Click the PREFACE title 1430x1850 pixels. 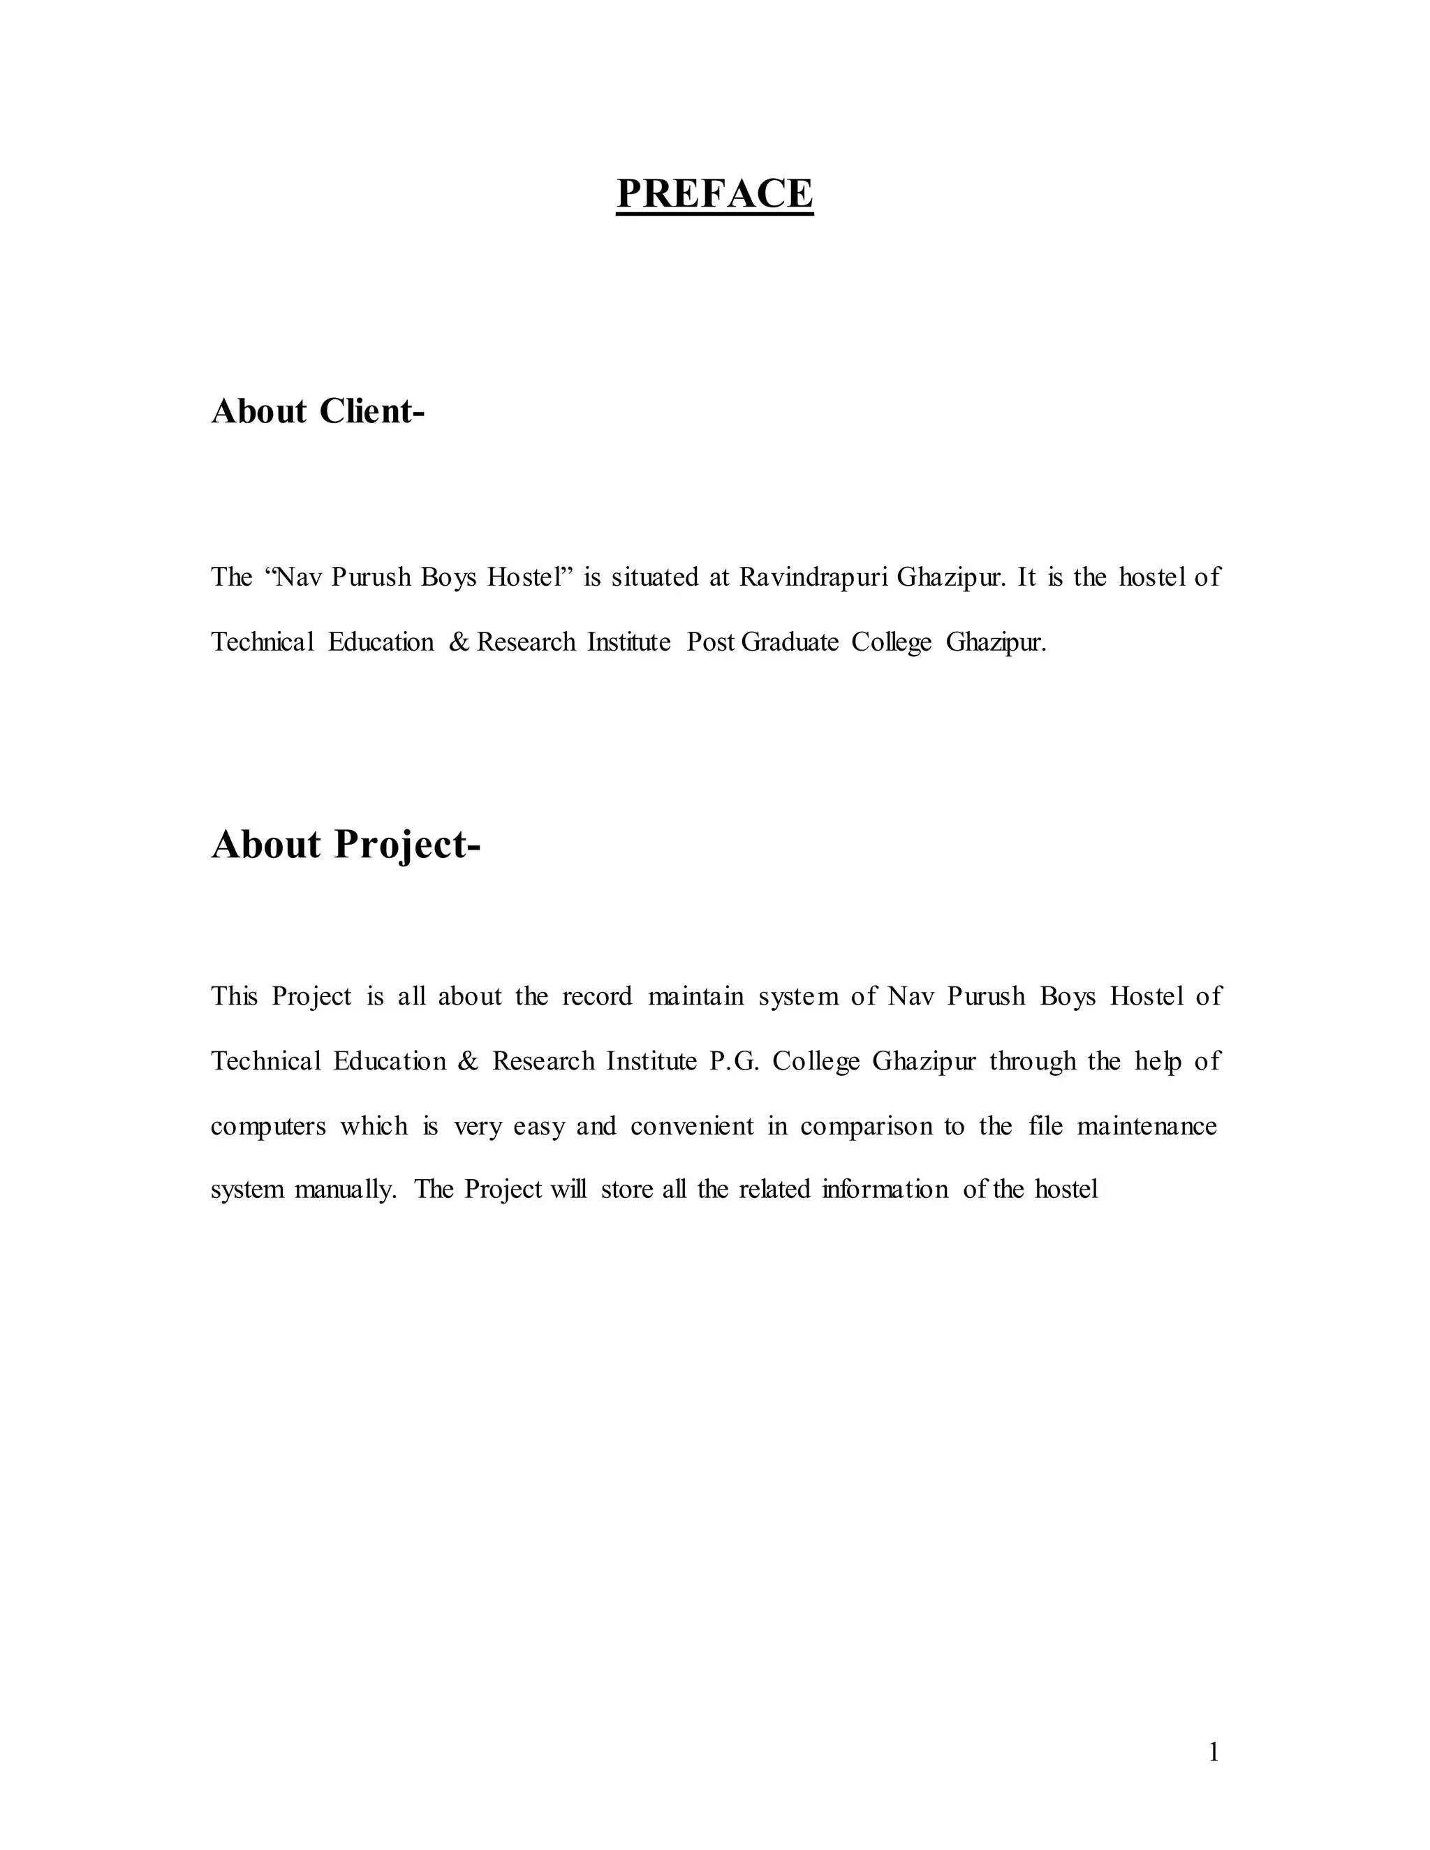point(714,193)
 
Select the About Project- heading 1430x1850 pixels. point(346,845)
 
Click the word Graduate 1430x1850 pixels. point(790,642)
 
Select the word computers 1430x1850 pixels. point(267,1127)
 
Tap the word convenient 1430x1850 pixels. point(691,1126)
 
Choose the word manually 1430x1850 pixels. point(345,1190)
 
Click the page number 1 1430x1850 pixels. point(1213,1752)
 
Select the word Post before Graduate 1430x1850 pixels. point(710,642)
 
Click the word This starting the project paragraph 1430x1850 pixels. point(234,996)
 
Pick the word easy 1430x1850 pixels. point(539,1127)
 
